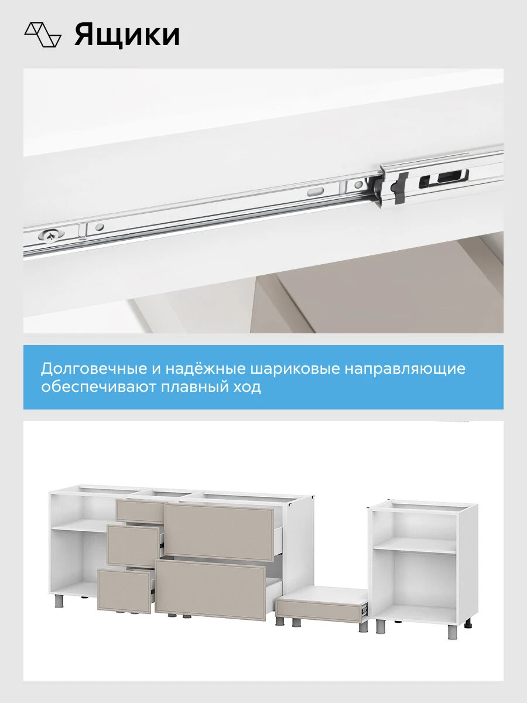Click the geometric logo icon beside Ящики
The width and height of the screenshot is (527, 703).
[43, 35]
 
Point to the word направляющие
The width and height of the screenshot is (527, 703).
[405, 369]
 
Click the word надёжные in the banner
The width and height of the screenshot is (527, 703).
[206, 368]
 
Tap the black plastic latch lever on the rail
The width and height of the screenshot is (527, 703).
[400, 188]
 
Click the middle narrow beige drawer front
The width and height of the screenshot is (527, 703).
[133, 546]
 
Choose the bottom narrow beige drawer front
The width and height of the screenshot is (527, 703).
[124, 590]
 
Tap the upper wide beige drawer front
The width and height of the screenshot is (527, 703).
[219, 532]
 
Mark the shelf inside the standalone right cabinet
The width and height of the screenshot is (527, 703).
[415, 546]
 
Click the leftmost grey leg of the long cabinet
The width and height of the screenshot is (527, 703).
[59, 600]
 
